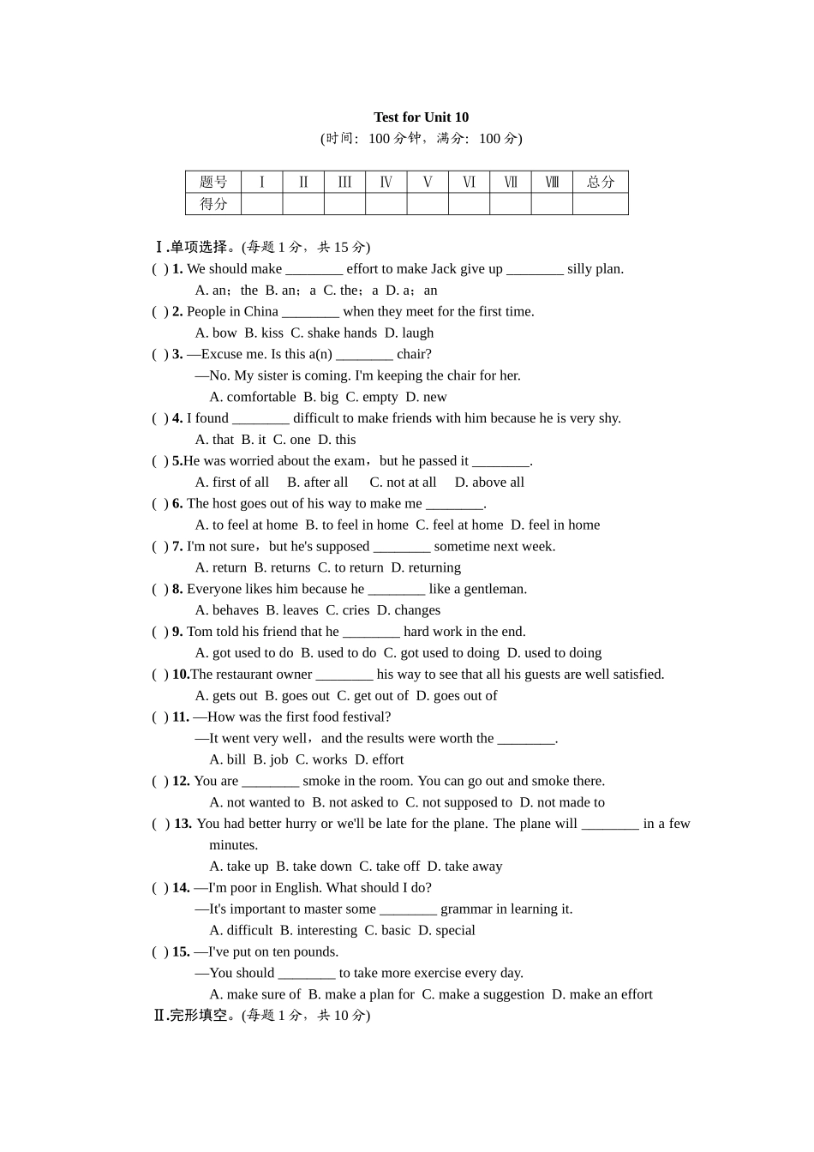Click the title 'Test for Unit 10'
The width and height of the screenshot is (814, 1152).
[421, 117]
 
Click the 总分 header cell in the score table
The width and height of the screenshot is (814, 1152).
[600, 182]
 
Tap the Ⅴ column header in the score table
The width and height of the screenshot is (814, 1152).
[428, 182]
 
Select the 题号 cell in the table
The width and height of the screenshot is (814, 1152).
[213, 182]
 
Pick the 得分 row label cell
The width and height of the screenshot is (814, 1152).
[213, 204]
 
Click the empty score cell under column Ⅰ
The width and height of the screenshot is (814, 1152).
[261, 204]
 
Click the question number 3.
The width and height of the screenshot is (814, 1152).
[177, 354]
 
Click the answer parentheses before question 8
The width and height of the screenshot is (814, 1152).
[160, 589]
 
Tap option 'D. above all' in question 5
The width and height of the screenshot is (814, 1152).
[489, 482]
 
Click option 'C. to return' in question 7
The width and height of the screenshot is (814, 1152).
[350, 567]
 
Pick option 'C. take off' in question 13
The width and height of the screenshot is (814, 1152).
[389, 867]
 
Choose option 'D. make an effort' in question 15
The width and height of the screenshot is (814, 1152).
[602, 994]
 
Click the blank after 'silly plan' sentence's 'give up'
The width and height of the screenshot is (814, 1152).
[535, 269]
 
